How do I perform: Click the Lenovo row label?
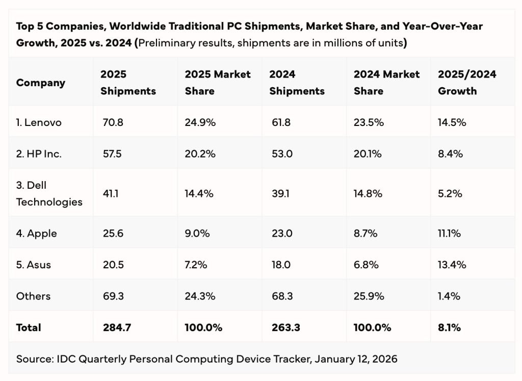(39, 122)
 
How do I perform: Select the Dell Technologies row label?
(49, 193)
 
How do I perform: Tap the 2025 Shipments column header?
(128, 83)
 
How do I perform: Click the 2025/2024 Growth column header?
(467, 83)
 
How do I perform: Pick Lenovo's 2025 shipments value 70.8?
(112, 122)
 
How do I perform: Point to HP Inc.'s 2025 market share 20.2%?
(200, 154)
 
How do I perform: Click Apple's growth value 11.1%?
(450, 234)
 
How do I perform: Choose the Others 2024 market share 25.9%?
(369, 296)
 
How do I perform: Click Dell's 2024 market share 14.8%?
(368, 193)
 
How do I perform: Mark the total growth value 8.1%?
(449, 327)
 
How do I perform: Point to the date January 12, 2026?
(356, 359)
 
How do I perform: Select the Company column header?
(41, 83)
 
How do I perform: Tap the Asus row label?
(34, 265)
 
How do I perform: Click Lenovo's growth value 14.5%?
(452, 122)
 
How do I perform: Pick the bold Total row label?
(29, 327)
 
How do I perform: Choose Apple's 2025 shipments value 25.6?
(112, 234)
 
